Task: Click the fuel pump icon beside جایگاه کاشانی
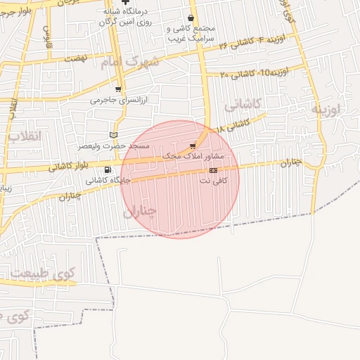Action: (x=107, y=170)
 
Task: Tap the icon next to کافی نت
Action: (x=213, y=171)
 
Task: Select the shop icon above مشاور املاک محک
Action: (x=193, y=146)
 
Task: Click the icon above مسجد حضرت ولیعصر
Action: (x=114, y=135)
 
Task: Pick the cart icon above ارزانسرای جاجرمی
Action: (x=117, y=89)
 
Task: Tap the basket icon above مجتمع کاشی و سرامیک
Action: (x=191, y=19)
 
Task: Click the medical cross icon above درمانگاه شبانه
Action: (x=125, y=2)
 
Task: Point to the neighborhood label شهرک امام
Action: (x=129, y=63)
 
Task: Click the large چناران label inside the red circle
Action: (x=139, y=211)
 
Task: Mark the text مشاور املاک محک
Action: (x=193, y=155)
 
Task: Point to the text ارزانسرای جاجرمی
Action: (x=117, y=100)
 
